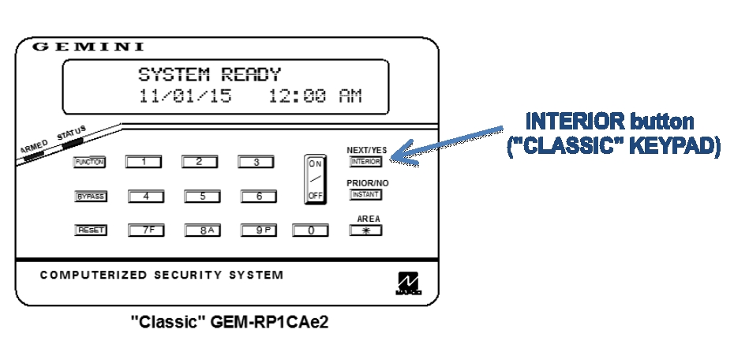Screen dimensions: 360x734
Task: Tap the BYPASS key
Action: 89,197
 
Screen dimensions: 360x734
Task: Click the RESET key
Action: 89,231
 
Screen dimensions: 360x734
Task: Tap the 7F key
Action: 145,231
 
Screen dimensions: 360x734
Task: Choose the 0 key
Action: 311,231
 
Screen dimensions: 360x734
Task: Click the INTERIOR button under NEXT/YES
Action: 365,162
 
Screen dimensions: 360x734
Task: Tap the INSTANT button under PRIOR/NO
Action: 365,195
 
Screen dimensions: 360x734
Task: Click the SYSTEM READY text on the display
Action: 209,76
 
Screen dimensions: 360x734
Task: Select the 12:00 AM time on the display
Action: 315,96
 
